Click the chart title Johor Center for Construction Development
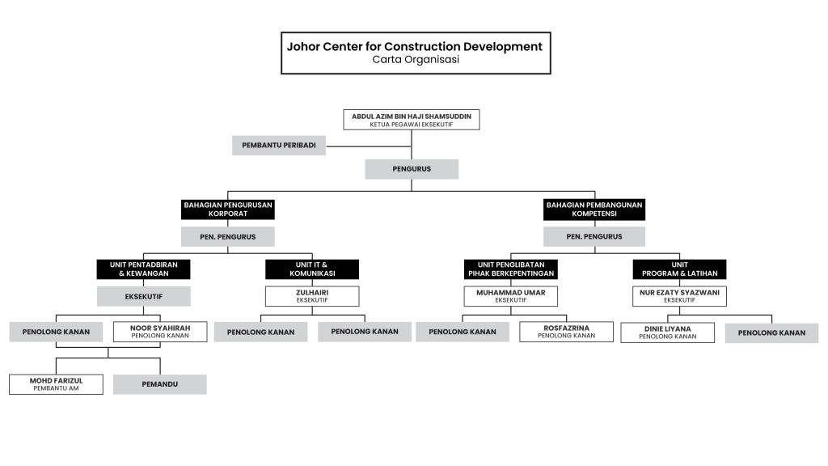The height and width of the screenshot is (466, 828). click(415, 46)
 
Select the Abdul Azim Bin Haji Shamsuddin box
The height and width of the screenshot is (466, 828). click(412, 120)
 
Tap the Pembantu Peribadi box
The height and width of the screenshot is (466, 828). click(279, 146)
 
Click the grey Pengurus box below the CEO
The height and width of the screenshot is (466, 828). click(412, 169)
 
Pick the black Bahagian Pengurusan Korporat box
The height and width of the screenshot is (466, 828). click(227, 210)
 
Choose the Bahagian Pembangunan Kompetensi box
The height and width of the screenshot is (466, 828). click(594, 210)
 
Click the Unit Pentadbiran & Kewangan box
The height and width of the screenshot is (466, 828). click(144, 269)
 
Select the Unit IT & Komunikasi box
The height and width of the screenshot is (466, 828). click(312, 269)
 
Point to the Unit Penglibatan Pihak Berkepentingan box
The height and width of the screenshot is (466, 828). click(511, 269)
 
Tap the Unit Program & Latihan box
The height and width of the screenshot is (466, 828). click(679, 269)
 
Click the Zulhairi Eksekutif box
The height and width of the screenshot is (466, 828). click(312, 296)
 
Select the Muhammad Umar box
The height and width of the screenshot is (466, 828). click(511, 296)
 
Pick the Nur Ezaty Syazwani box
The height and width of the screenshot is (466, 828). click(679, 296)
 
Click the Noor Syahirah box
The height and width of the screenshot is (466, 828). click(160, 332)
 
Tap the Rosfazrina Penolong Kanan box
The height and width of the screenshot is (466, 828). click(567, 332)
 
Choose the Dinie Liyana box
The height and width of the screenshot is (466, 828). click(667, 333)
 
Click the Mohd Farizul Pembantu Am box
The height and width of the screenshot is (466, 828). click(56, 384)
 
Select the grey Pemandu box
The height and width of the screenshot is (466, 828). click(160, 384)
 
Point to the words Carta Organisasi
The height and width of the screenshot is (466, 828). click(416, 60)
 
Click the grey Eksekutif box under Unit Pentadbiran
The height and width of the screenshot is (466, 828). click(144, 296)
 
